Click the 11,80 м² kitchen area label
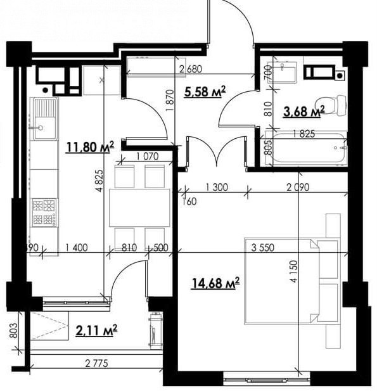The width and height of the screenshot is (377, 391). pyautogui.click(x=90, y=147)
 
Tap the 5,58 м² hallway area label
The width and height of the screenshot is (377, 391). pyautogui.click(x=205, y=91)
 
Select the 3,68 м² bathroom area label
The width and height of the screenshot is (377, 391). pyautogui.click(x=304, y=111)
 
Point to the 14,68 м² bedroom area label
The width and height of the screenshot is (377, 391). pyautogui.click(x=215, y=283)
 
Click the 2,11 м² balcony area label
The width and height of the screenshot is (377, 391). pyautogui.click(x=96, y=330)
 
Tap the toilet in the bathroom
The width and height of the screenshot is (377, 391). pyautogui.click(x=331, y=105)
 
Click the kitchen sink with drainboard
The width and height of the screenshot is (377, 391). pyautogui.click(x=44, y=119)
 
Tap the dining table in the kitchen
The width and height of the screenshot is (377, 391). pyautogui.click(x=139, y=207)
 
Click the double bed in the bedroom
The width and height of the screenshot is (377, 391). pyautogui.click(x=292, y=281)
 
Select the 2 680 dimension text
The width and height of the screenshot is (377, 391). pyautogui.click(x=191, y=69)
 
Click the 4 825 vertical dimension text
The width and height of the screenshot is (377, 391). pyautogui.click(x=99, y=181)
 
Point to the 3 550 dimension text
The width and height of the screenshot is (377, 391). pyautogui.click(x=263, y=248)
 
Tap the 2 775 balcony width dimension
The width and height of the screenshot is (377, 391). pyautogui.click(x=97, y=363)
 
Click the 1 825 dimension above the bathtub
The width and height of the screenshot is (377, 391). pyautogui.click(x=304, y=134)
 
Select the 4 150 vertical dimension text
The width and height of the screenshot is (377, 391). pyautogui.click(x=294, y=271)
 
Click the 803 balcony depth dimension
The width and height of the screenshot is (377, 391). pyautogui.click(x=15, y=331)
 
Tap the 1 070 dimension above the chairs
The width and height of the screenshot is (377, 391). pyautogui.click(x=148, y=157)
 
